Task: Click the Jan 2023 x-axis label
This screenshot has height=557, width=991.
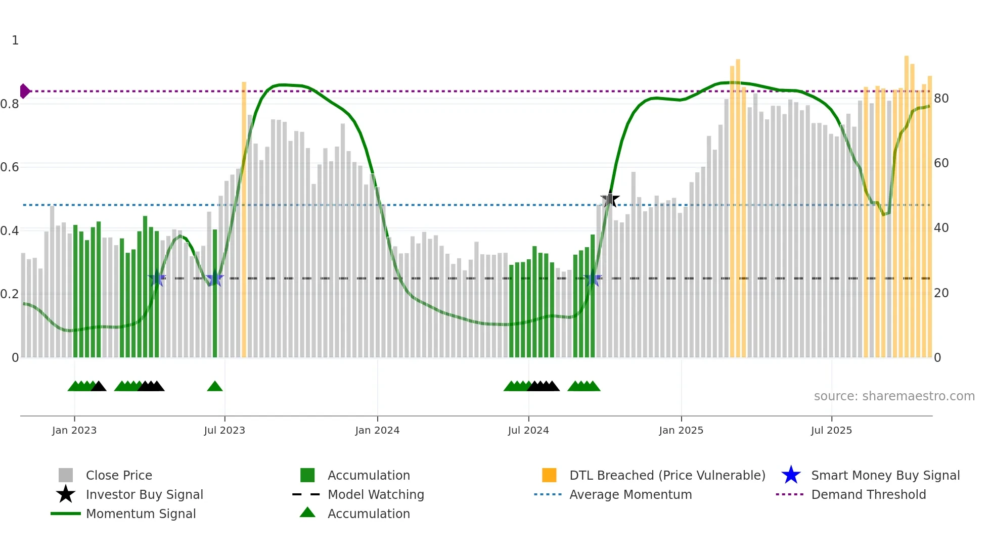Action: click(74, 430)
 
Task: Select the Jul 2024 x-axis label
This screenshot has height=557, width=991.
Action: click(528, 430)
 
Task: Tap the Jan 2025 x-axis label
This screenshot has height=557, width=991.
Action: click(681, 430)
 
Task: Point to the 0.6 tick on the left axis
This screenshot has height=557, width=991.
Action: click(10, 167)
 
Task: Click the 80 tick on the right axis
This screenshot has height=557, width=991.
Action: click(941, 98)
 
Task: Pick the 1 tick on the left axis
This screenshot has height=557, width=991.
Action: click(15, 40)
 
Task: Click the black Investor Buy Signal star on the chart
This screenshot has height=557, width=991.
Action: click(610, 200)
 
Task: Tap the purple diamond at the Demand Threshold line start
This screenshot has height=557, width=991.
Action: click(24, 91)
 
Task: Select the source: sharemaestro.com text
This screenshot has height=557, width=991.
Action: click(894, 396)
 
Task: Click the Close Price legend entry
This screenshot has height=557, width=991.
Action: click(118, 475)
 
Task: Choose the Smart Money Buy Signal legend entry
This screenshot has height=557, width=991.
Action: click(885, 475)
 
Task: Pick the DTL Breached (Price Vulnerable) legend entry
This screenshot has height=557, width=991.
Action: click(667, 475)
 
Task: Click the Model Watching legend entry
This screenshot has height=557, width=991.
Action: click(376, 494)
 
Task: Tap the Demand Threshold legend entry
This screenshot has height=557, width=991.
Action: click(868, 494)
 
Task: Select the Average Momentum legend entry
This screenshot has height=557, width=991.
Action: click(630, 494)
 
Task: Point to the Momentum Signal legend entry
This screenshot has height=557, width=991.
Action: click(141, 514)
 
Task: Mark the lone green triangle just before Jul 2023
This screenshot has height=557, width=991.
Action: click(215, 386)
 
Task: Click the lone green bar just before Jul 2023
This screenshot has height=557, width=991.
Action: click(215, 293)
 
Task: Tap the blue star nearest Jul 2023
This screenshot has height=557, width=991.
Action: click(215, 278)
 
